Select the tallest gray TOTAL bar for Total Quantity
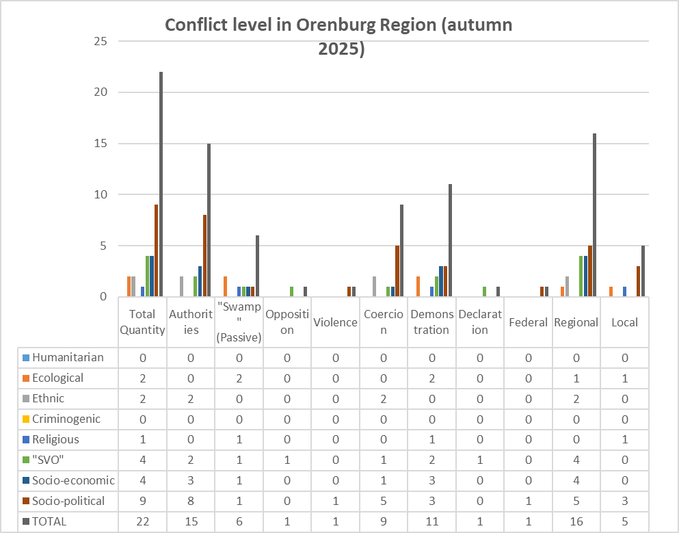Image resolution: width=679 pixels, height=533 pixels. pos(161,185)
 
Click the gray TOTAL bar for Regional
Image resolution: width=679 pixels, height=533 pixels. pos(595,216)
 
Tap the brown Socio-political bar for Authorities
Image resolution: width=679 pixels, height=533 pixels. pos(204,256)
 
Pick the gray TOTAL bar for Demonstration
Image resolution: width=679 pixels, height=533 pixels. pos(450,240)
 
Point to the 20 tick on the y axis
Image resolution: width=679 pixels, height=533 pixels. pos(101,92)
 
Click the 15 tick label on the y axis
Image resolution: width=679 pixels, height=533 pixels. pos(101,144)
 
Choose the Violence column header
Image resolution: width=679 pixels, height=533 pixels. pos(335,322)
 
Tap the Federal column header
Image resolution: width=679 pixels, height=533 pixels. pos(529,322)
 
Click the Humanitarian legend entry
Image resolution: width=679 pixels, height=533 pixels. pos(67,357)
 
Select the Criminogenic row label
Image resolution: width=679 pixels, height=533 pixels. pos(66,419)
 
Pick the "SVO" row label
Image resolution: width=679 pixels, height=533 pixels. pos(51,460)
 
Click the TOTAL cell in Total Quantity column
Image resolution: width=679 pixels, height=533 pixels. pos(142,521)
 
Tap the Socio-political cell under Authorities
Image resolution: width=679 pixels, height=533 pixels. pos(191,501)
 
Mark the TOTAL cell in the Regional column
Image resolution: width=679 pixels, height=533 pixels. pos(577,521)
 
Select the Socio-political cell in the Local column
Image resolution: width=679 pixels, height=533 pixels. pos(625,501)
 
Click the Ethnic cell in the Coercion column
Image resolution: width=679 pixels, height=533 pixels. pos(384,398)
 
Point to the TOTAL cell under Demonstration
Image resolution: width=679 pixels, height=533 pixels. pos(432,521)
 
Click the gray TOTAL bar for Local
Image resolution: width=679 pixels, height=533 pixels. pos(643,271)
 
